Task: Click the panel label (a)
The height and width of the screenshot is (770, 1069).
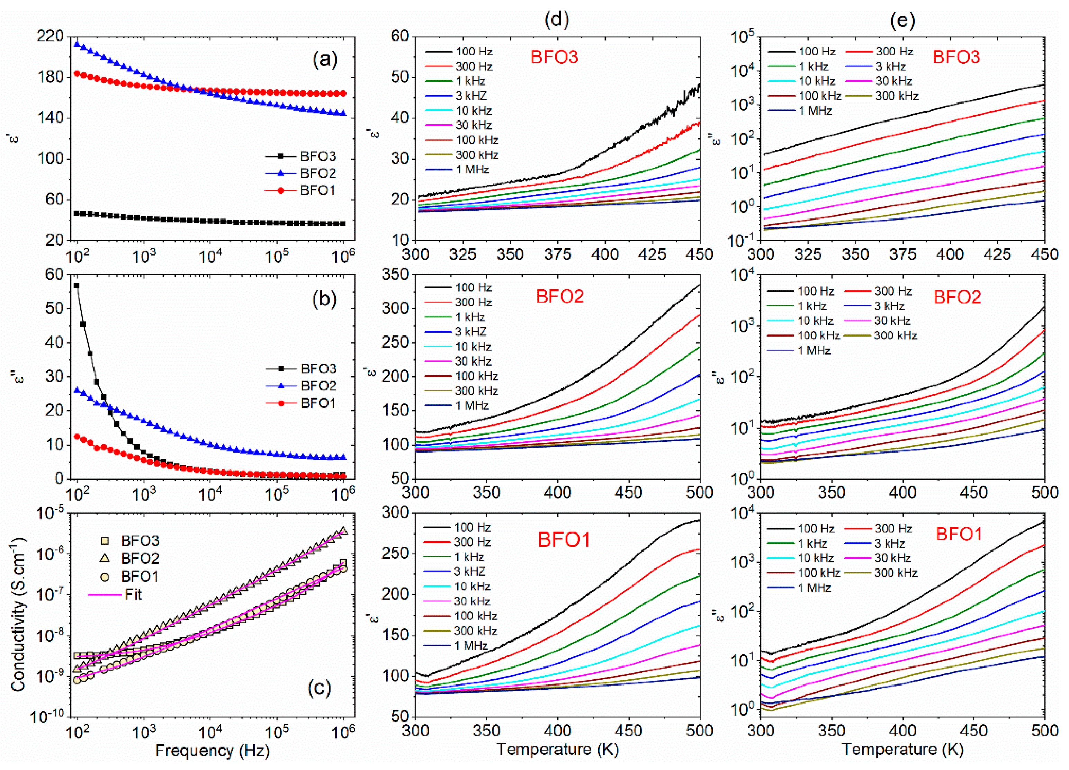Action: tap(325, 60)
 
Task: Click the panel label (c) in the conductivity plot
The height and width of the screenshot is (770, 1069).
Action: tap(319, 688)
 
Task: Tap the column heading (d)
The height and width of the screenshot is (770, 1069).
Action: tap(557, 19)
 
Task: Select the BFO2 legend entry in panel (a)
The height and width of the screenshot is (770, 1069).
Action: tap(318, 173)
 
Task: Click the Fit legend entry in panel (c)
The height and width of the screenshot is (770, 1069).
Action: tap(133, 594)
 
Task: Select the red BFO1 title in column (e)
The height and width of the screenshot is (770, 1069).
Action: tap(959, 534)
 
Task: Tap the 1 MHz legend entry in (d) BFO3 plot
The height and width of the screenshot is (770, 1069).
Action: tap(472, 169)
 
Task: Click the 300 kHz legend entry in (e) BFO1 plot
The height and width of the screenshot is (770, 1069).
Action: tap(896, 573)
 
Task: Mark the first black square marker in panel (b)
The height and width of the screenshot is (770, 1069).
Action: tap(77, 285)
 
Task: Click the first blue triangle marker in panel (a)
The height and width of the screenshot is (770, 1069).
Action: tap(77, 44)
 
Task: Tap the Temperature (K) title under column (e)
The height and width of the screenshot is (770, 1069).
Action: tap(902, 749)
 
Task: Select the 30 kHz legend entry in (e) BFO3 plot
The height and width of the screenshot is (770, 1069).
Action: tap(894, 81)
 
